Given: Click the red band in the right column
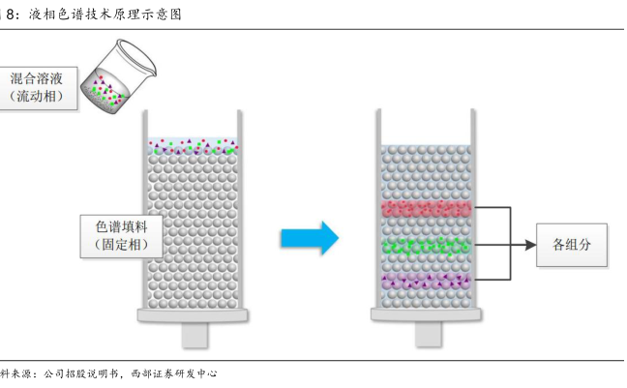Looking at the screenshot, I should coord(426,209).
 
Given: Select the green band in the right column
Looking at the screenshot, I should coord(426,246).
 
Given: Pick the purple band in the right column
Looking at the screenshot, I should coord(426,282).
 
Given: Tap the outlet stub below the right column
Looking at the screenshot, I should coord(428,334).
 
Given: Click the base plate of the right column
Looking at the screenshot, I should coord(428,315).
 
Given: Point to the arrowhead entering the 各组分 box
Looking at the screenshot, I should coord(530,246).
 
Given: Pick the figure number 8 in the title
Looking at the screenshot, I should coord(10,15).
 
